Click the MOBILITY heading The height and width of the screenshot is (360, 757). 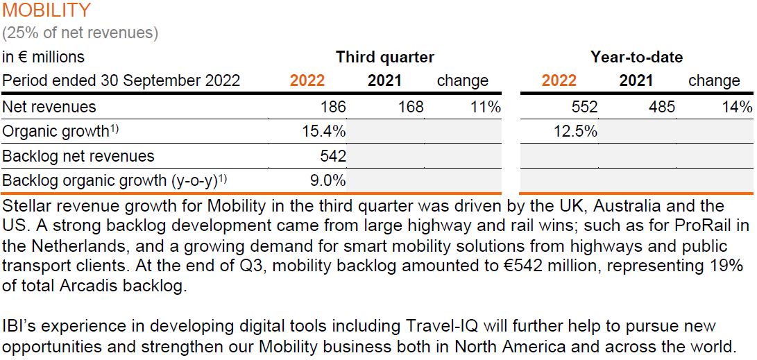point(46,10)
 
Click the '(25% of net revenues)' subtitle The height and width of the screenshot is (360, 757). point(80,33)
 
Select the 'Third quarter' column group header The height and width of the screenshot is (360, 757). point(385,58)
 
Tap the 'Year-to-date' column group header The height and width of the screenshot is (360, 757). point(636,58)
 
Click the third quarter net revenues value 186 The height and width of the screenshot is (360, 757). point(333,108)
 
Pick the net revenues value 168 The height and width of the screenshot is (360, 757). point(411,108)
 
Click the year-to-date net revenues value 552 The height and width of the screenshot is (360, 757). point(584,108)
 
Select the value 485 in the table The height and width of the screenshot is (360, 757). point(662,108)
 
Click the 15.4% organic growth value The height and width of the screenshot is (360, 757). point(323,132)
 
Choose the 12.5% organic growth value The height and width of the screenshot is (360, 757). point(575,132)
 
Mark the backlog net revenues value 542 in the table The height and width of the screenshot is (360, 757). point(333,157)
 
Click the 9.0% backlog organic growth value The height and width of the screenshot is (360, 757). point(328,182)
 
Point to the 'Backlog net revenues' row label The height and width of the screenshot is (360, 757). point(78,157)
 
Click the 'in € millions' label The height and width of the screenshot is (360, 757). point(43,58)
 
